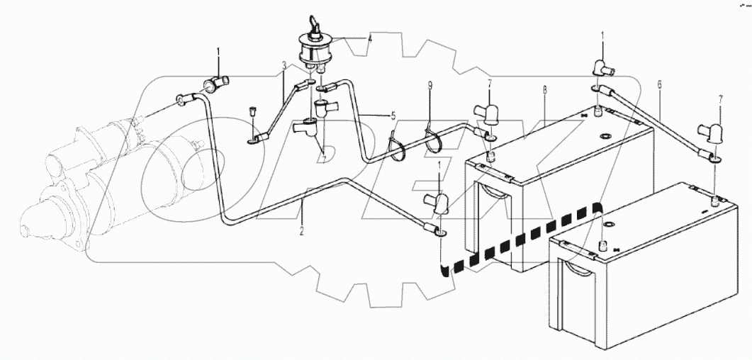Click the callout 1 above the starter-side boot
click(x=219, y=52)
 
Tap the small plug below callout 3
click(x=252, y=110)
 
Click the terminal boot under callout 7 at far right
click(x=711, y=133)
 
